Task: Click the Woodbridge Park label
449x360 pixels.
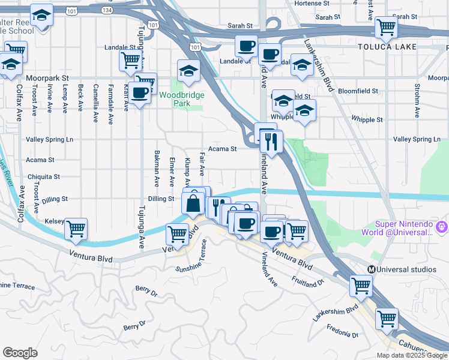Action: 182,99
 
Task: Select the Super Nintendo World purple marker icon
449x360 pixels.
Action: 442,227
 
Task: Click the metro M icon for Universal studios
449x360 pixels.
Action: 372,269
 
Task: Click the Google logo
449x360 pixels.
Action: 20,353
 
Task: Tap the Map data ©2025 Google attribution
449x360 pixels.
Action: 412,355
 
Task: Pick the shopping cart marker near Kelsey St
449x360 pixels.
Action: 76,228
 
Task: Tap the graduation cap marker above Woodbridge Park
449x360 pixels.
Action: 188,70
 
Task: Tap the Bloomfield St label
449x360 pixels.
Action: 358,91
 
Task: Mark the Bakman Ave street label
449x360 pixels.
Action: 157,168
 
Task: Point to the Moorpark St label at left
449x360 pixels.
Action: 47,78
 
